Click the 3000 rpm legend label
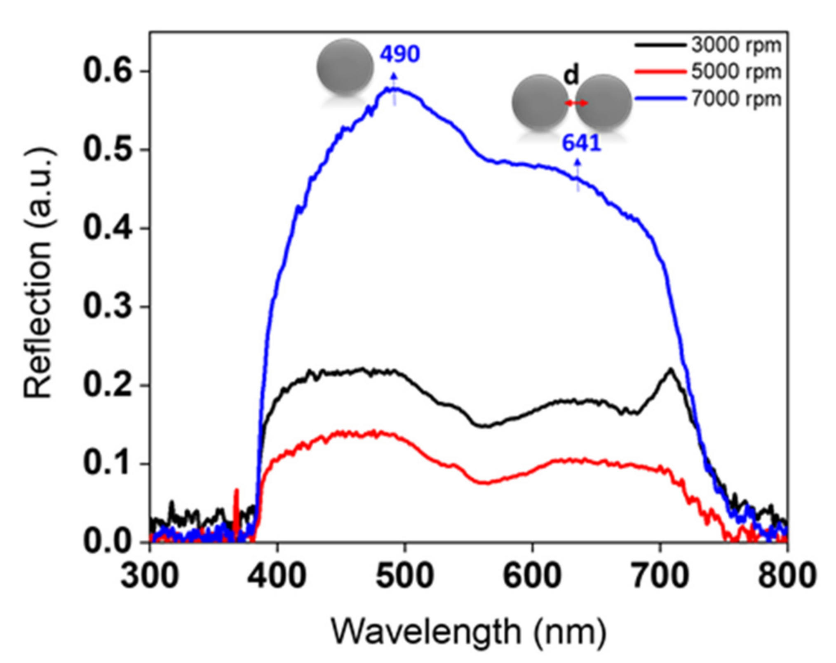[736, 45]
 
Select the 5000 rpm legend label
[736, 72]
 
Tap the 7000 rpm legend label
[736, 99]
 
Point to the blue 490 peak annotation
[399, 54]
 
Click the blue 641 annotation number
[582, 143]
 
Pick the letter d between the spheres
[571, 75]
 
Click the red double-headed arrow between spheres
[576, 103]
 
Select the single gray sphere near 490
[345, 66]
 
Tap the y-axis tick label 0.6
[108, 71]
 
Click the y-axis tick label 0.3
[108, 307]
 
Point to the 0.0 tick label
[108, 542]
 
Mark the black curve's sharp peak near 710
[670, 369]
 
